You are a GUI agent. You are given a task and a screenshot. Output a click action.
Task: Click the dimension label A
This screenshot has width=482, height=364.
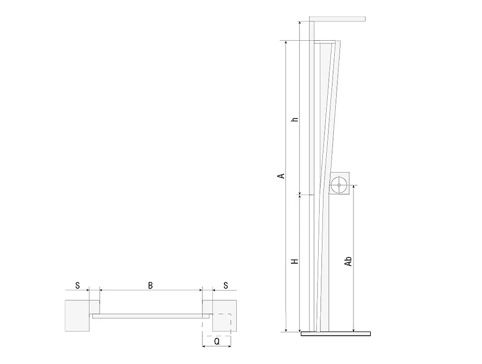[281, 176]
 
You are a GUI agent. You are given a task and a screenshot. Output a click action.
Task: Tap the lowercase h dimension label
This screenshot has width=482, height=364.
[295, 119]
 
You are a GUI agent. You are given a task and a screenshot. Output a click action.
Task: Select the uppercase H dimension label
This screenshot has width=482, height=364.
[295, 261]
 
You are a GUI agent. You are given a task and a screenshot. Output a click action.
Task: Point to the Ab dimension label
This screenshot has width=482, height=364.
[348, 261]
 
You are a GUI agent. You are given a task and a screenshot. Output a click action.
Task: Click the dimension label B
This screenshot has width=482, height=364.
[150, 286]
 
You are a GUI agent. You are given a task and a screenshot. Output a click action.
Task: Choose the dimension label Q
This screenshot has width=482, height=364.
[217, 341]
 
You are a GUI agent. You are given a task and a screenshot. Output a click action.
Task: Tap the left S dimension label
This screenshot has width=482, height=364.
[78, 286]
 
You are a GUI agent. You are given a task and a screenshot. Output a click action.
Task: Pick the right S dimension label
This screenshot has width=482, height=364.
[225, 286]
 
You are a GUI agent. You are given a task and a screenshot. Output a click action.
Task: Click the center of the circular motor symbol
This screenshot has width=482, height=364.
[339, 185]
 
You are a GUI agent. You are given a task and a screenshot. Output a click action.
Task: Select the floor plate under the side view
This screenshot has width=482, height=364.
[336, 333]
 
